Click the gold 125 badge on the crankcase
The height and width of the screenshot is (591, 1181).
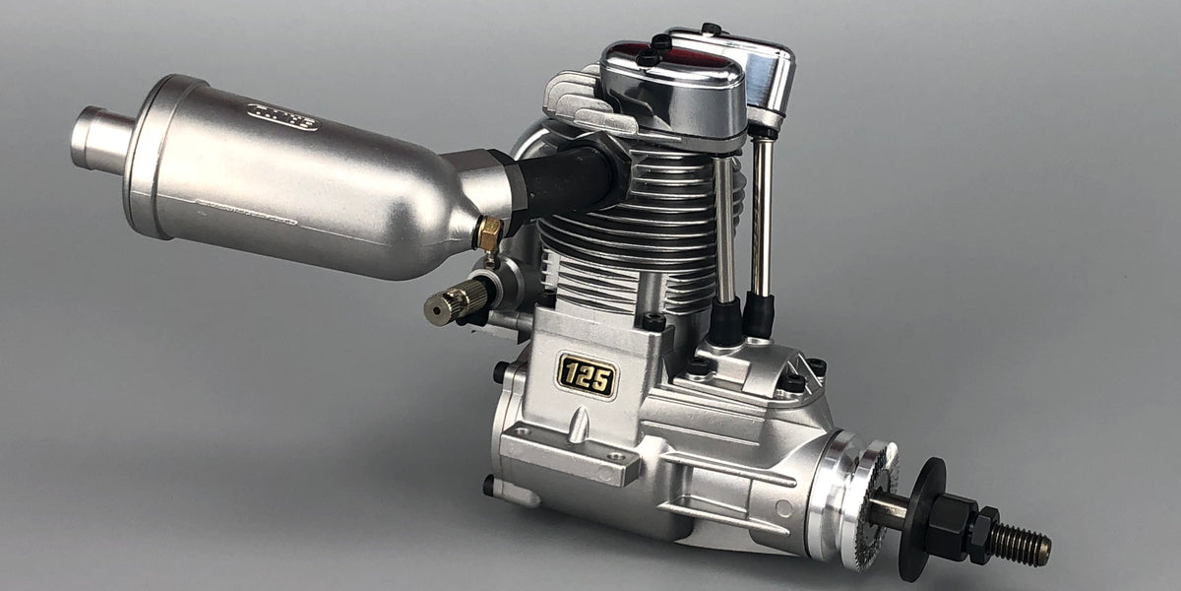click(587, 375)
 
